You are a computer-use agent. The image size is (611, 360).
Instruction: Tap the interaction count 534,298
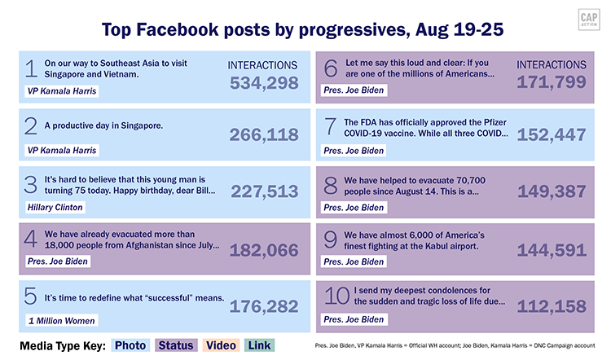263,83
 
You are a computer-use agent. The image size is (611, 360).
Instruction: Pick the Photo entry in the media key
130,345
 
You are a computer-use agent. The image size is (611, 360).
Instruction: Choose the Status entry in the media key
176,345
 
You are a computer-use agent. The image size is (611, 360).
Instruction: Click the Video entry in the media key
222,345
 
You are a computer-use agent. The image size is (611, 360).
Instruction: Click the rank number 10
336,297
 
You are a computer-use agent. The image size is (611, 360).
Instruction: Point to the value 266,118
263,135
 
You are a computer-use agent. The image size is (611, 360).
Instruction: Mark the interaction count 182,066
263,250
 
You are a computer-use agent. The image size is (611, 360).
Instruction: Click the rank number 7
331,127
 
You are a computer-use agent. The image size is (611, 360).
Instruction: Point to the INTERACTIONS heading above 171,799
552,64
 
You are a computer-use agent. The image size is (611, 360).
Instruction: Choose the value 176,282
263,306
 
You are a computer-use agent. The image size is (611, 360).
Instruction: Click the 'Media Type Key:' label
61,345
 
